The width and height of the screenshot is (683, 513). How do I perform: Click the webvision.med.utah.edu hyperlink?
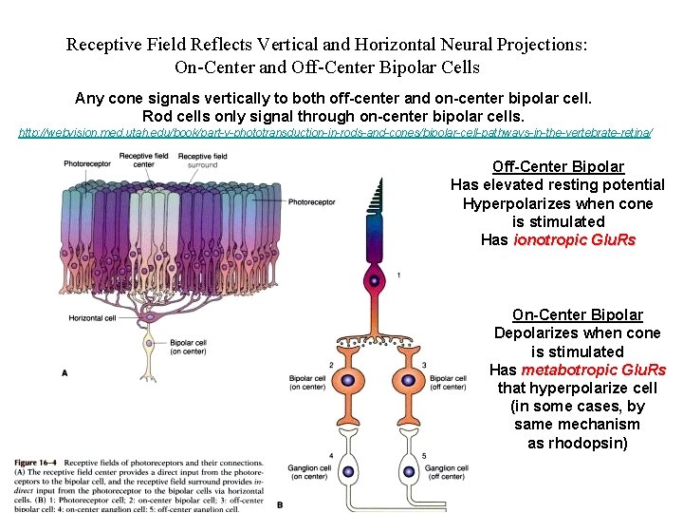point(335,133)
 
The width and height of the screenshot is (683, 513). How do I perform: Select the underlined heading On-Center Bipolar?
point(577,314)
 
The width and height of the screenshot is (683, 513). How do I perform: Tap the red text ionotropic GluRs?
point(574,240)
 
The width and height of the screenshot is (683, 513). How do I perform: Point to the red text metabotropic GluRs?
point(594,370)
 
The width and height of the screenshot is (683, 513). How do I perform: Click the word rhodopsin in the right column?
point(585,443)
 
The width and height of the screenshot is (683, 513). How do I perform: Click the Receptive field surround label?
point(197,160)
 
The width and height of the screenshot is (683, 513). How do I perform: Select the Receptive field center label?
point(144,160)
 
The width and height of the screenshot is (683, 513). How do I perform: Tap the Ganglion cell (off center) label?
point(446,472)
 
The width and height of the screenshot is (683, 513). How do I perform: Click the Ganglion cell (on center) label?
point(310,472)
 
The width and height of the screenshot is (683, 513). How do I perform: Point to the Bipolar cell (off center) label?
point(446,382)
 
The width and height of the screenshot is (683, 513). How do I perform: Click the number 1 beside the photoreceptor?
point(398,275)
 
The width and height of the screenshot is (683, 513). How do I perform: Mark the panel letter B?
point(280,503)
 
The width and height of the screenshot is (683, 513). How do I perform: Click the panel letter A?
point(65,373)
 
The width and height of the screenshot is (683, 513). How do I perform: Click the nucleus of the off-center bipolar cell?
point(408,380)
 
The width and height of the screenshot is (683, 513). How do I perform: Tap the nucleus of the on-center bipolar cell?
point(347,380)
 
